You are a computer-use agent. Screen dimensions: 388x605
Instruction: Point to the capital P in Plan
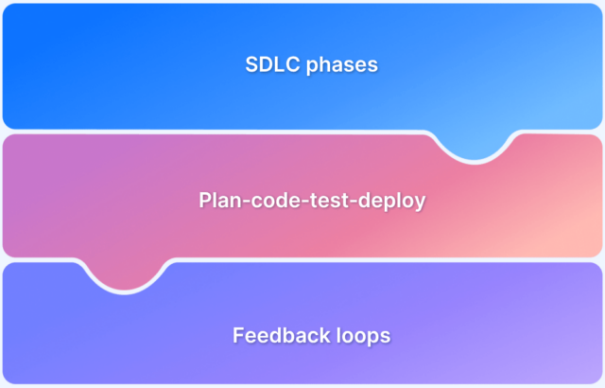tap(205, 201)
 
